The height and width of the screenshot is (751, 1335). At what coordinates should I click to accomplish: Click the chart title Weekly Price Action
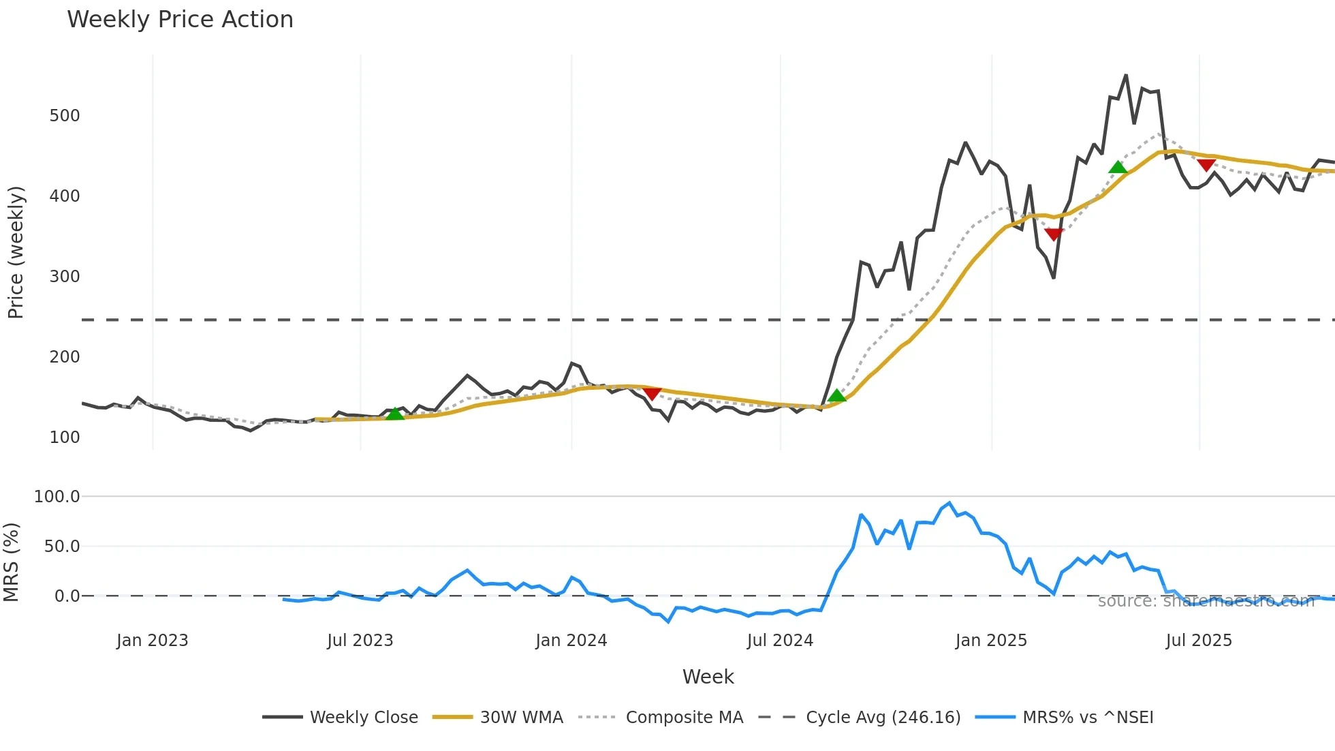(180, 20)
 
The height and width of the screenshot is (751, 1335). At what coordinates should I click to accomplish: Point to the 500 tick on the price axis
(65, 116)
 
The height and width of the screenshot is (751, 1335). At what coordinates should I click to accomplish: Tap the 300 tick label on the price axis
(65, 277)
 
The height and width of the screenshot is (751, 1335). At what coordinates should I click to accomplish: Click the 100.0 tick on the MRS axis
(57, 497)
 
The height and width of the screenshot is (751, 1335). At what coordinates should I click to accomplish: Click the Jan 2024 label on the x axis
(571, 641)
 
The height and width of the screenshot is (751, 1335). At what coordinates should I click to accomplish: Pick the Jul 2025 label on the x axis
(1199, 641)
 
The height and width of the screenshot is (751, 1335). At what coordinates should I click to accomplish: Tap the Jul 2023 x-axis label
(360, 641)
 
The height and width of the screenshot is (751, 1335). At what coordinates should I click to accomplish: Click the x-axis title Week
(708, 677)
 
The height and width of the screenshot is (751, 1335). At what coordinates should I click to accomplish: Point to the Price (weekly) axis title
(16, 252)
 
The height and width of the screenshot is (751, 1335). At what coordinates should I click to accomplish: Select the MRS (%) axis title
(12, 562)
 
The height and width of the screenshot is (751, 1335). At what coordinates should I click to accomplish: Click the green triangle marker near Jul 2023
(395, 413)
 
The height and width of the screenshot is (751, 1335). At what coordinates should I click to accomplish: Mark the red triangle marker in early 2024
(652, 394)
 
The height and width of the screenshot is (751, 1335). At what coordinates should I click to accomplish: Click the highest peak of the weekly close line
(1126, 76)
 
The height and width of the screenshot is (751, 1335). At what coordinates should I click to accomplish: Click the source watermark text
(1206, 601)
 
